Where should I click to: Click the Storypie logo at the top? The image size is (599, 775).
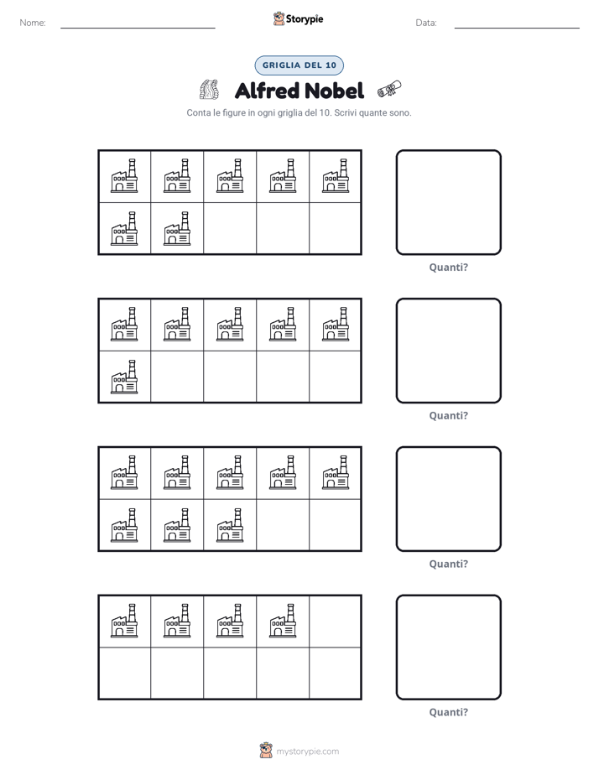[298, 18]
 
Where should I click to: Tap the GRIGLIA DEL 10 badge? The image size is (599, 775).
[299, 65]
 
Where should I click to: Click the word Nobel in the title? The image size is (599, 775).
[333, 91]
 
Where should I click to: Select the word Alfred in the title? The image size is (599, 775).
[267, 91]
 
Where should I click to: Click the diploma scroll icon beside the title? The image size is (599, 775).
[389, 90]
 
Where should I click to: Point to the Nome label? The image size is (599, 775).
[33, 23]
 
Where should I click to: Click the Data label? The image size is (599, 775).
[426, 23]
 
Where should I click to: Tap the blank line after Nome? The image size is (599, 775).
[138, 28]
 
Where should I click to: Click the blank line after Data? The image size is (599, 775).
[517, 28]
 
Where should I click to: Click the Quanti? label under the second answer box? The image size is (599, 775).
[448, 415]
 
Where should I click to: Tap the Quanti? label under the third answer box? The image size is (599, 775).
[448, 564]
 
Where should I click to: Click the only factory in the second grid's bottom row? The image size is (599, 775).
[124, 377]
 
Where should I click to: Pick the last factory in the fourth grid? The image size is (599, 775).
[284, 621]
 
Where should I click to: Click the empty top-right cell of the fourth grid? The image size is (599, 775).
[335, 622]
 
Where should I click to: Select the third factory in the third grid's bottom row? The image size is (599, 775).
[231, 525]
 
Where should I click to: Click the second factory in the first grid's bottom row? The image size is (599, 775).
[177, 228]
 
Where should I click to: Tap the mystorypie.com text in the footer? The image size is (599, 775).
[307, 752]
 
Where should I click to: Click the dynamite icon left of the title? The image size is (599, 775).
[209, 90]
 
